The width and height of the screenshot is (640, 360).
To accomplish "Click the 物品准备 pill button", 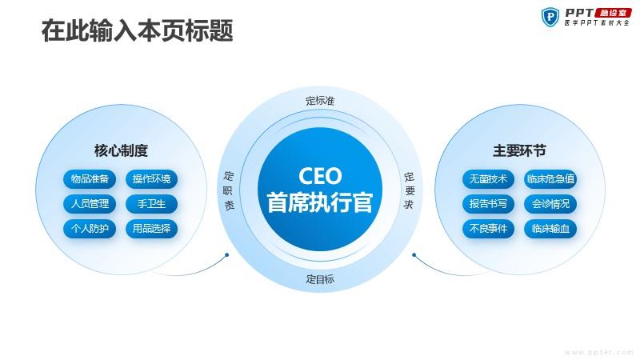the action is [x=90, y=178].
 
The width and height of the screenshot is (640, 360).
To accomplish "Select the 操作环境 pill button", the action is [x=151, y=178].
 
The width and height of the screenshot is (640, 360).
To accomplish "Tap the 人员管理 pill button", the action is [x=90, y=204].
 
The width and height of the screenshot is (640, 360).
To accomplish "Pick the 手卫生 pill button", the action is [x=151, y=204].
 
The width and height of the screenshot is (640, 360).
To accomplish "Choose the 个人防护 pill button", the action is [x=90, y=229].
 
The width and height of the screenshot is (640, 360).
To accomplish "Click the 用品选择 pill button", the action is [x=151, y=229].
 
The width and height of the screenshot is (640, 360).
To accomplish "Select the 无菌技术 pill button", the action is [x=488, y=178].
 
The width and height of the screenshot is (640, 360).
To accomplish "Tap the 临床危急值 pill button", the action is [x=550, y=178].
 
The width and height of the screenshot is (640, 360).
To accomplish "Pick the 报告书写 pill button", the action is [x=488, y=204].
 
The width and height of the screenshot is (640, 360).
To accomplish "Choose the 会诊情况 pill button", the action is [x=550, y=204].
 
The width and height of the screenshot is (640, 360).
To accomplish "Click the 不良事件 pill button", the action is [x=488, y=229].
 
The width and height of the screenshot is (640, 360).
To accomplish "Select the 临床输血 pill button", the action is [x=550, y=229].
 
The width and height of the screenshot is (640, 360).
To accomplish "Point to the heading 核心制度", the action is [x=121, y=150].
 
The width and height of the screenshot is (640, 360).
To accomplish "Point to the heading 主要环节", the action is [x=519, y=150].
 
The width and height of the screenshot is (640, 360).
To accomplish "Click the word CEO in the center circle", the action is [x=320, y=176].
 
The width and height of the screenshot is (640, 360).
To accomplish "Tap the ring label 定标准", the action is [x=320, y=101].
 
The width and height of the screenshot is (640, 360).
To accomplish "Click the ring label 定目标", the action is [x=320, y=279].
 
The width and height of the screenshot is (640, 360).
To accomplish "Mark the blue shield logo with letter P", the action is [x=550, y=17].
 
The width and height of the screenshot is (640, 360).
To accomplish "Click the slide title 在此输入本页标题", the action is [x=137, y=30].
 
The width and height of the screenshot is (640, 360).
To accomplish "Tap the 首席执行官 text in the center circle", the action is [x=320, y=202].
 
